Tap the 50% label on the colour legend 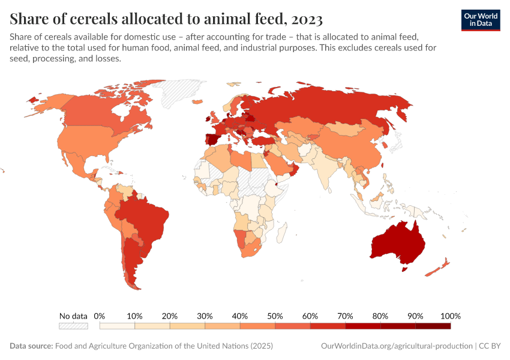pos(275,316)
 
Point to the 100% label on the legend pos(450,316)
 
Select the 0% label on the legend pos(100,316)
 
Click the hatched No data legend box pos(73,326)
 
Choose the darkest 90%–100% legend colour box pos(433,326)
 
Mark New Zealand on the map pos(441,267)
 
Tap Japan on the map pos(397,142)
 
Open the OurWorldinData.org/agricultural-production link pos(397,346)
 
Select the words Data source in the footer pos(31,346)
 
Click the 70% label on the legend pos(345,316)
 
